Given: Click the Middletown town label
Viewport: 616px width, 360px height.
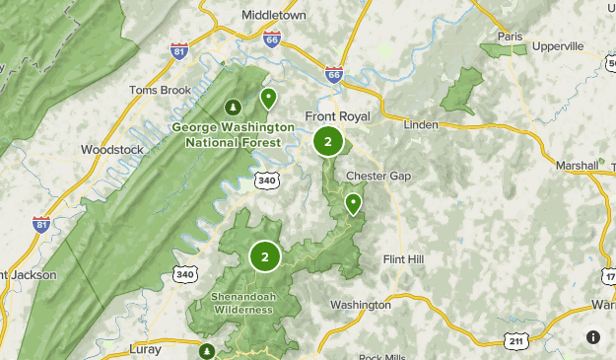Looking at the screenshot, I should click(x=275, y=16).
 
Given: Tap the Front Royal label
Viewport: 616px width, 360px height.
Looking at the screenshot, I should click(x=337, y=116).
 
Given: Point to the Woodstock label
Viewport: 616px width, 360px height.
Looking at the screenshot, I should click(x=111, y=150).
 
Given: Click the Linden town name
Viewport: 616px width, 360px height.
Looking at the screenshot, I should click(x=423, y=125).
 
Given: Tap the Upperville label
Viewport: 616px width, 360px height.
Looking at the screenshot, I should click(x=558, y=45).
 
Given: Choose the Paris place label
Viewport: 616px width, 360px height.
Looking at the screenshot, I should click(x=510, y=36).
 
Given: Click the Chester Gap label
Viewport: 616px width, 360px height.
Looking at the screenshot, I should click(x=377, y=177).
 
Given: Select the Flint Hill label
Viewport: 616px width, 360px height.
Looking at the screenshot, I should click(x=403, y=259).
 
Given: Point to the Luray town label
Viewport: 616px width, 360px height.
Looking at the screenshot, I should click(x=145, y=349).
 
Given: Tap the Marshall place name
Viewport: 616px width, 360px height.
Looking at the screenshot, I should click(x=578, y=165).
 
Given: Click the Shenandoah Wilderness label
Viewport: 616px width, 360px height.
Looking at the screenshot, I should click(x=240, y=303).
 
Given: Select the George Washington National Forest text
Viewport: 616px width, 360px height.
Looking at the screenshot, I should click(x=233, y=134).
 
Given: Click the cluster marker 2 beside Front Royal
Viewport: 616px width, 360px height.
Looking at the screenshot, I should click(x=327, y=141).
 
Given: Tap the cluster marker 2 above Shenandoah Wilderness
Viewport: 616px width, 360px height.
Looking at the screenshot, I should click(x=264, y=256).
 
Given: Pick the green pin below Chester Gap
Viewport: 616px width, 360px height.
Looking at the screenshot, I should click(x=353, y=203).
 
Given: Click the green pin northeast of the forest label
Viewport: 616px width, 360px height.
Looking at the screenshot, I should click(x=268, y=97).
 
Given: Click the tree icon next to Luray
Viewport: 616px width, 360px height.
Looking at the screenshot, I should click(x=207, y=350).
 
